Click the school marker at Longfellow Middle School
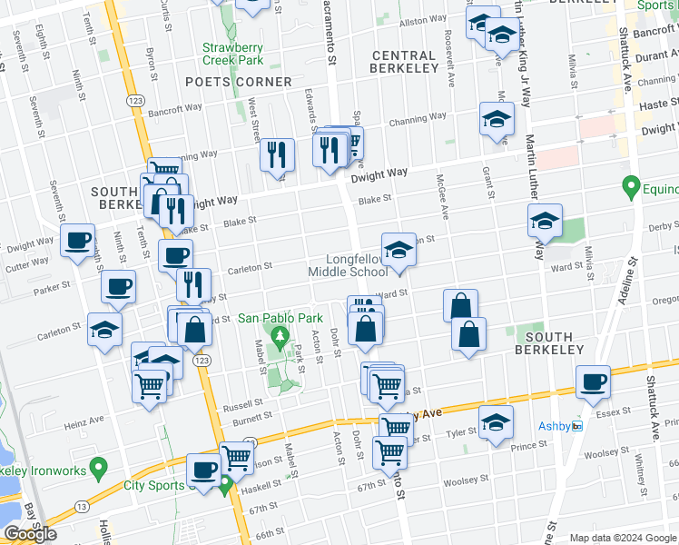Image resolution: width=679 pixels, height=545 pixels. pyautogui.click(x=398, y=248)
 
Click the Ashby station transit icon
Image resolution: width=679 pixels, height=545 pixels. pyautogui.click(x=576, y=426)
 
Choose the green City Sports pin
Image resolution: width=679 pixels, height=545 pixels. pyautogui.click(x=224, y=487)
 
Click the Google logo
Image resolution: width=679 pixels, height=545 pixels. pyautogui.click(x=30, y=534)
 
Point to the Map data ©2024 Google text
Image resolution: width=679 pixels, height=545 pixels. pyautogui.click(x=622, y=538)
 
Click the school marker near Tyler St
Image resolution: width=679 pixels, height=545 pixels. pyautogui.click(x=496, y=421)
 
